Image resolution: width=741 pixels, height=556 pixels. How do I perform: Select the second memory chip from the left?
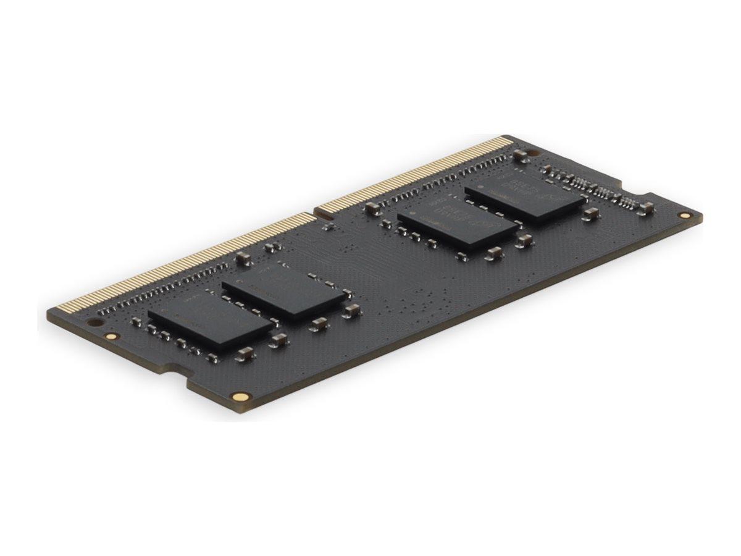click(283, 289)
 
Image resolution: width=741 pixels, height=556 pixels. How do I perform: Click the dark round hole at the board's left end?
click(94, 322)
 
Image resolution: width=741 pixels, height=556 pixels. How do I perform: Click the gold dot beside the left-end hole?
click(111, 337)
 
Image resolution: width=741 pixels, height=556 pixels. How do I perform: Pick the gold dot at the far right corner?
click(684, 216)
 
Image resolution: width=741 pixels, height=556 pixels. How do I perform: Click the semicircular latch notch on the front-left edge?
click(181, 371)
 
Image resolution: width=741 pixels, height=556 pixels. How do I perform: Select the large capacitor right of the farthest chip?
click(590, 214)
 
